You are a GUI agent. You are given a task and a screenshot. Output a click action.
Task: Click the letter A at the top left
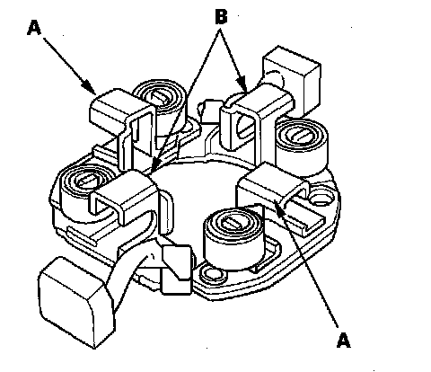coord(34,28)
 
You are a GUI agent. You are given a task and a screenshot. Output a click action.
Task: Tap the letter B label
coord(221,16)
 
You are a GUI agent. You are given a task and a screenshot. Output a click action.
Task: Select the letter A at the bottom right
coord(343,341)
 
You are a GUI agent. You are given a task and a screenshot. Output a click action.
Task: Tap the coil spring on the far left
coord(84,191)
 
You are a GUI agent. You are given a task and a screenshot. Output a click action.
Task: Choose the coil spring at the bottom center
coord(233,236)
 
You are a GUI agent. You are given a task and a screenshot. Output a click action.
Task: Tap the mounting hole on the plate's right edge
coord(321,198)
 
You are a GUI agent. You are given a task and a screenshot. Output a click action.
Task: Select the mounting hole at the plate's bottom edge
coord(212,273)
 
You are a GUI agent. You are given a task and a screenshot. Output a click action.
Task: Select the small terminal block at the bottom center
coord(176,269)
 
